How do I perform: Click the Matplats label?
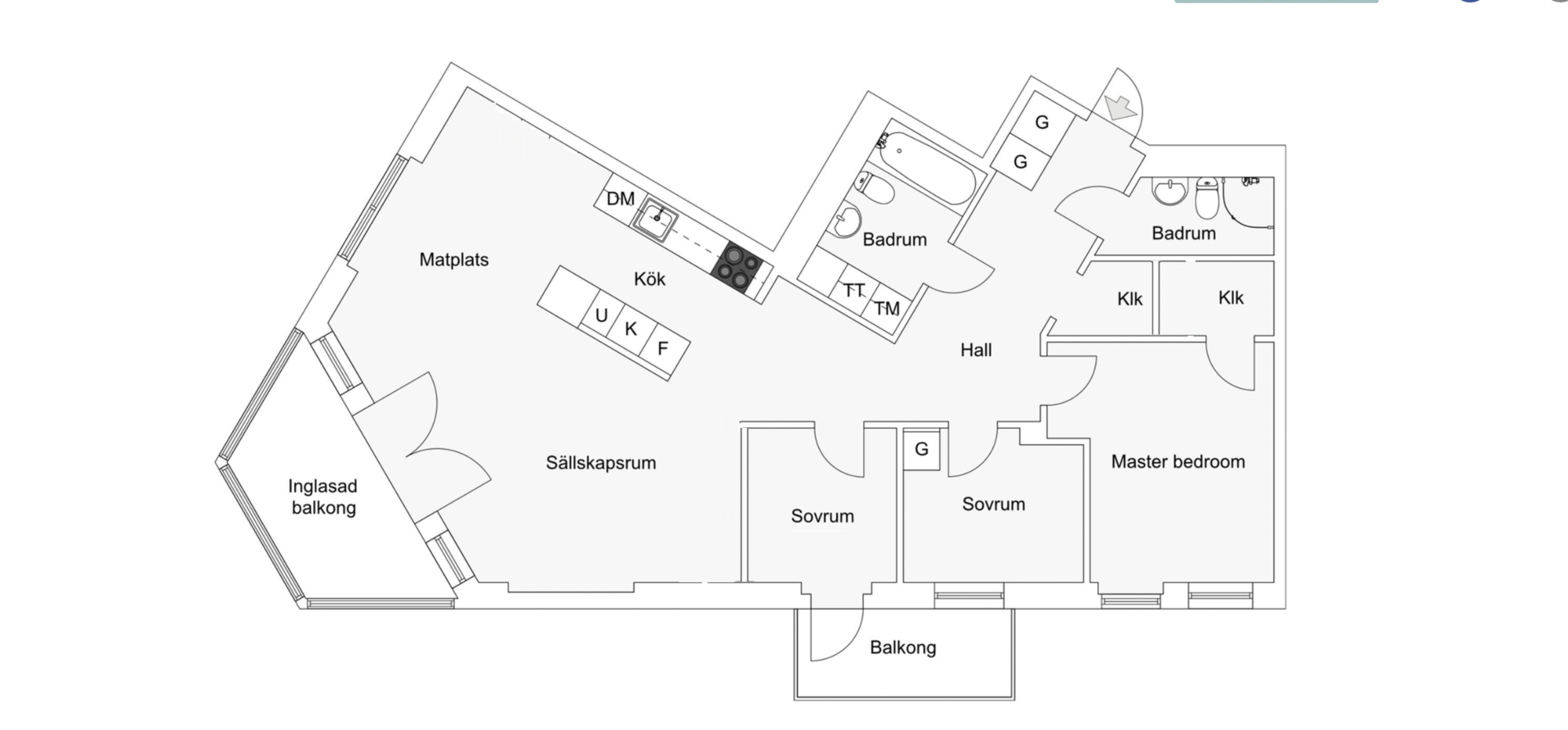454,260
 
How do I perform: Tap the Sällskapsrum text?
601,463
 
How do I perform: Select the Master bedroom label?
1178,461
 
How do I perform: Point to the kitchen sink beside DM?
657,219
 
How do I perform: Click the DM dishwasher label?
621,198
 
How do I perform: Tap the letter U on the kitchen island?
602,315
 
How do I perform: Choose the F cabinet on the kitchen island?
663,349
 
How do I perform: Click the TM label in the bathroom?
887,308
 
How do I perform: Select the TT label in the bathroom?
854,290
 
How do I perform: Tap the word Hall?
976,350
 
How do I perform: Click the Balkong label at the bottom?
903,648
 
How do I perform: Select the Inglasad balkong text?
323,497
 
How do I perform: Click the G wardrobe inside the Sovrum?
921,449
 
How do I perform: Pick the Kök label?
650,279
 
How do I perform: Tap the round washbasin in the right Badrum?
1170,193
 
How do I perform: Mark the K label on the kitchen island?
630,329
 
